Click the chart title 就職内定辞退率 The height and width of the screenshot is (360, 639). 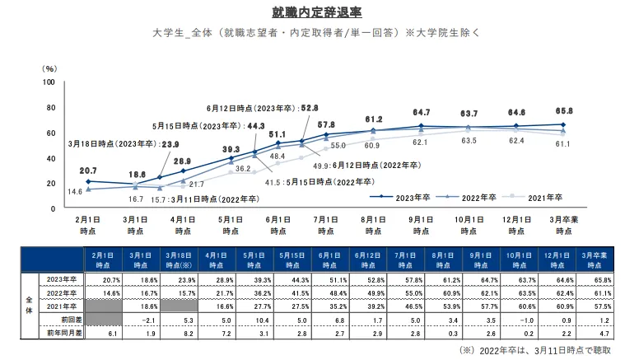pyautogui.click(x=317, y=12)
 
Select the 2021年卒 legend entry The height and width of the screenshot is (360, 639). pyautogui.click(x=532, y=198)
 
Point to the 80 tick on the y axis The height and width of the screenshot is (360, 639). pyautogui.click(x=50, y=108)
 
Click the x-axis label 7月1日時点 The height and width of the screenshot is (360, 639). pyautogui.click(x=325, y=225)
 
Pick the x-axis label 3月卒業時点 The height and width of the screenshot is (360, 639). pyautogui.click(x=563, y=225)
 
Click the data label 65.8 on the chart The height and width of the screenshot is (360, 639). pyautogui.click(x=564, y=111)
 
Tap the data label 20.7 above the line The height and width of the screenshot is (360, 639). pyautogui.click(x=88, y=171)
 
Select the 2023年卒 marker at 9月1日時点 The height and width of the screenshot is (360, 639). pyautogui.click(x=421, y=126)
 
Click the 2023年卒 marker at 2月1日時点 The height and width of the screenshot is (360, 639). pyautogui.click(x=88, y=181)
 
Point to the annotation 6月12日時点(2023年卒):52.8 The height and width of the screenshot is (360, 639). pyautogui.click(x=262, y=108)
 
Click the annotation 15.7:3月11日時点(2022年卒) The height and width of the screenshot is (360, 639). pyautogui.click(x=205, y=199)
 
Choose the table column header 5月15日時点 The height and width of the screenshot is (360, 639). pyautogui.click(x=292, y=260)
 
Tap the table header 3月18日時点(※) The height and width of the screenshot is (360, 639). pyautogui.click(x=179, y=260)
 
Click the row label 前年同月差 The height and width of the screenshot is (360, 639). pyautogui.click(x=64, y=333)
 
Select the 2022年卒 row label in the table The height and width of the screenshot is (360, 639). pyautogui.click(x=62, y=293)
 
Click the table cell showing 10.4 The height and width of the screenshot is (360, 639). pyautogui.click(x=262, y=320)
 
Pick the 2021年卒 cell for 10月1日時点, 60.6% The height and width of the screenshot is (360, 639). pyautogui.click(x=526, y=306)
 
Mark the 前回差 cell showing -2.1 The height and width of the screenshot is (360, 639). pyautogui.click(x=148, y=320)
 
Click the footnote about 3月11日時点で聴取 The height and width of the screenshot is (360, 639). pyautogui.click(x=534, y=350)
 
